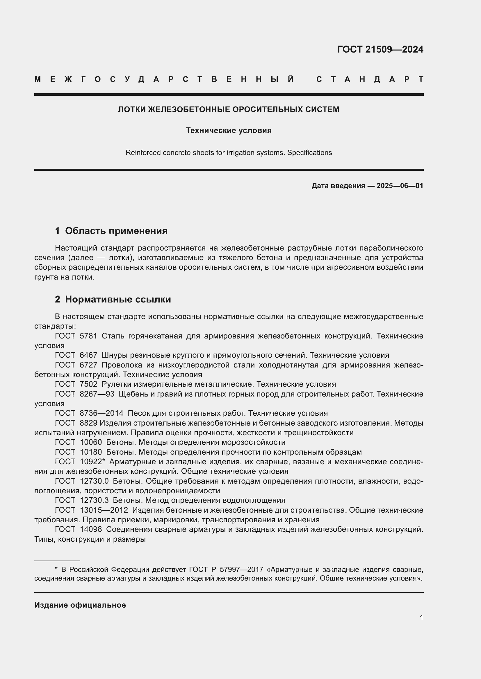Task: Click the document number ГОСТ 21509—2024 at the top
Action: (380, 49)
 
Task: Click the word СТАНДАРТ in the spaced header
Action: (370, 79)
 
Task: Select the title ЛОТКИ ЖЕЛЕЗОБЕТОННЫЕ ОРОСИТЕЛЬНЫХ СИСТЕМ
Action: (228, 109)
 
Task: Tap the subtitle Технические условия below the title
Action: (228, 130)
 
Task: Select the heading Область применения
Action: (116, 231)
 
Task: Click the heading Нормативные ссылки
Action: (118, 299)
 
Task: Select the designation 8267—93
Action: (97, 394)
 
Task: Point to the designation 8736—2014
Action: (101, 413)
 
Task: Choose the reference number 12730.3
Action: (94, 500)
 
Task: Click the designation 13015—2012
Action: (104, 510)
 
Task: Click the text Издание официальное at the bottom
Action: (80, 605)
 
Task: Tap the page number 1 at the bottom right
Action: (421, 617)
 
